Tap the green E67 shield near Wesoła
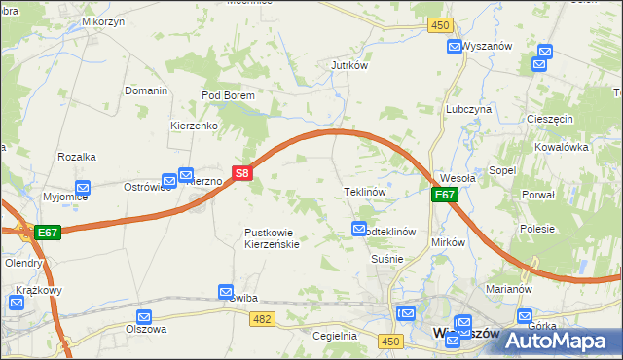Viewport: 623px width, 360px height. (x=444, y=196)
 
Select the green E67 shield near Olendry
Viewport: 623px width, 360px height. (x=48, y=234)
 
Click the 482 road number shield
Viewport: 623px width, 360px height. (x=260, y=319)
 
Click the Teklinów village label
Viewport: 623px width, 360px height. (x=366, y=193)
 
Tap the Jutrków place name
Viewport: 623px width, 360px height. (x=348, y=66)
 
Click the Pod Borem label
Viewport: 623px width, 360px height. (x=228, y=95)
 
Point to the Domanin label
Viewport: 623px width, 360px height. (x=147, y=90)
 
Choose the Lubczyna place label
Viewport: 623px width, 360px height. (x=468, y=110)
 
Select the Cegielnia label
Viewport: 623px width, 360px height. (x=335, y=336)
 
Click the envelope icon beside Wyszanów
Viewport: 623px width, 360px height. (x=455, y=46)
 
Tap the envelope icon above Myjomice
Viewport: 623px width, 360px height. (x=83, y=188)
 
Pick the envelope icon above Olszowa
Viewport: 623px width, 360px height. (x=145, y=316)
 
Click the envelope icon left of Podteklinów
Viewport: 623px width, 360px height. (x=357, y=229)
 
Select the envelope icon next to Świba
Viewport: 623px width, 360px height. (x=226, y=291)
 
